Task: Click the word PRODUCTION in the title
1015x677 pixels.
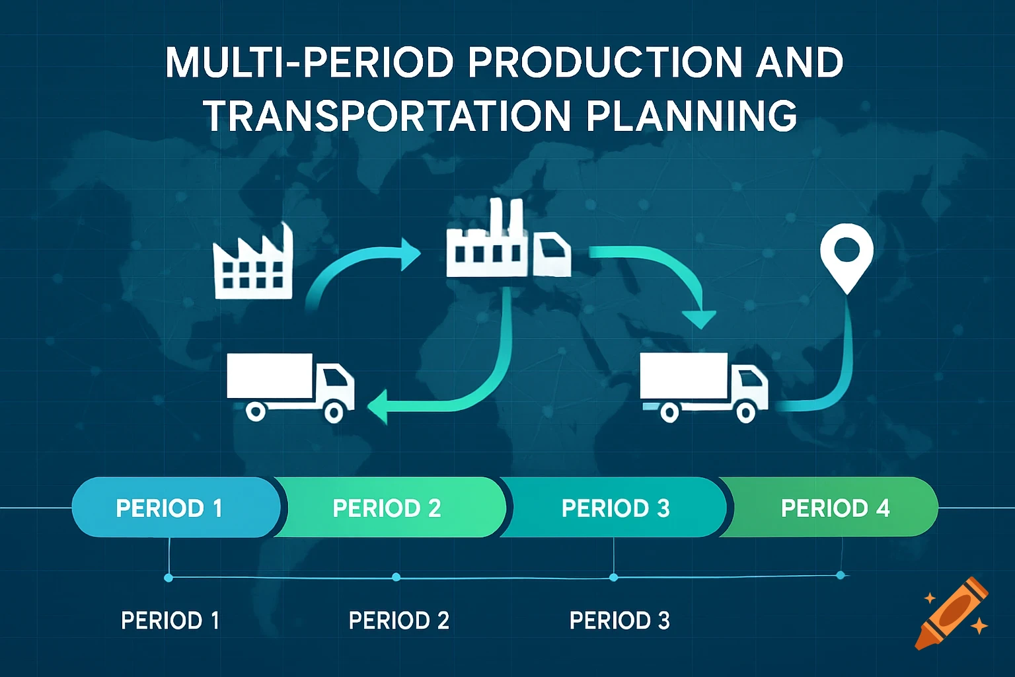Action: click(x=605, y=63)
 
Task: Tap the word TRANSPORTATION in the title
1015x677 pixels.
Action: click(x=387, y=116)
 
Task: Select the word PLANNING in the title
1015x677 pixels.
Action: click(x=691, y=116)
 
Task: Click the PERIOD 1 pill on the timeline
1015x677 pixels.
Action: click(x=169, y=508)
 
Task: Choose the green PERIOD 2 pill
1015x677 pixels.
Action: click(x=387, y=508)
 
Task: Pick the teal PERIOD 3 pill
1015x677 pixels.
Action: click(x=615, y=508)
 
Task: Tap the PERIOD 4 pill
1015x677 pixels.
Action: click(x=835, y=508)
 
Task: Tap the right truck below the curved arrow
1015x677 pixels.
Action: click(x=703, y=387)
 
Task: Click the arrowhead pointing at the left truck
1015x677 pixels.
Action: click(x=377, y=405)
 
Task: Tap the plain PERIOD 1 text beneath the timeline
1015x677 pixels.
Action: click(x=170, y=621)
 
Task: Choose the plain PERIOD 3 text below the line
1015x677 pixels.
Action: click(x=619, y=621)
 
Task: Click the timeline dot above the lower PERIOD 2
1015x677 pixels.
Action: click(x=396, y=577)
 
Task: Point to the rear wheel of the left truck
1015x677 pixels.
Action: click(x=256, y=411)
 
